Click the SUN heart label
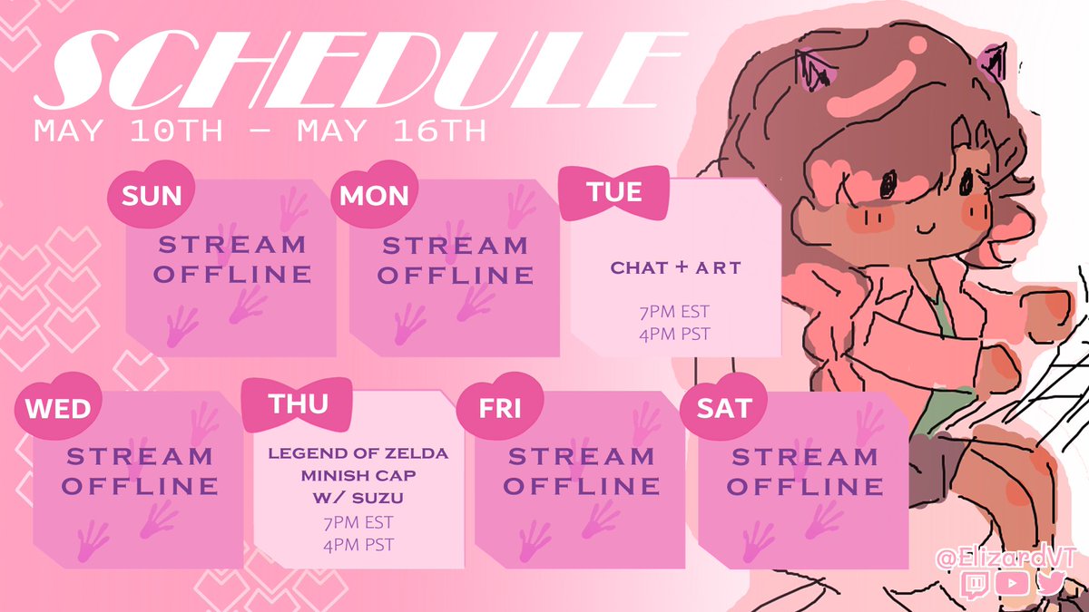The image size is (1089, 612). point(152,194)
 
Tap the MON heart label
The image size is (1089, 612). point(374,194)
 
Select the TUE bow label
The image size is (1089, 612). point(614,192)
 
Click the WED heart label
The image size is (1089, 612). point(58,407)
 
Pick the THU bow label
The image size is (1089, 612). point(297,404)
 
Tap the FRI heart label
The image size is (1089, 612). point(500,407)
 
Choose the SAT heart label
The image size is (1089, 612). point(724,407)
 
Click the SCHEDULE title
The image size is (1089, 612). point(359,70)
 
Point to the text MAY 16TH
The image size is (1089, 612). point(391,131)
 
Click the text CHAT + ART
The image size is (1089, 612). point(675,267)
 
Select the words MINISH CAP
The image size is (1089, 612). point(358,475)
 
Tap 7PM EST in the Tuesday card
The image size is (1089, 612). point(675,312)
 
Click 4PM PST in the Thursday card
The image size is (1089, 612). point(358,545)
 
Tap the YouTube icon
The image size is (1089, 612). point(1012,583)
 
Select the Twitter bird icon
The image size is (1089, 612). point(1050,582)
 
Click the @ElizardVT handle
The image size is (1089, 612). point(1006,558)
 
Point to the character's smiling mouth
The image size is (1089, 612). point(925,228)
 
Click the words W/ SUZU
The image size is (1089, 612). point(358,498)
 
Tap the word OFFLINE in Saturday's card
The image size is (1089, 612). point(805,486)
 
